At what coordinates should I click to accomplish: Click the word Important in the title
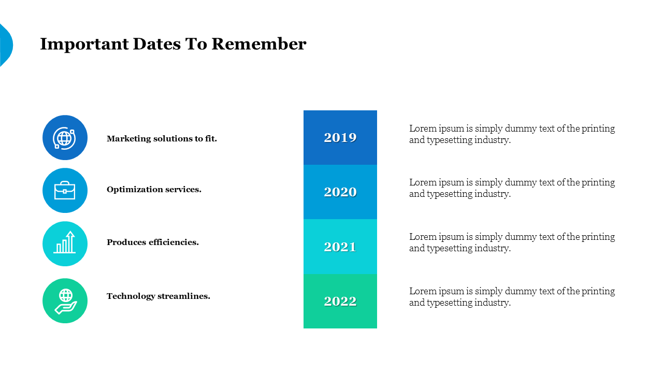click(x=84, y=45)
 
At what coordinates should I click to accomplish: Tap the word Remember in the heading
click(x=259, y=44)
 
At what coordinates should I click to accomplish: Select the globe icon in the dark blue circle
click(x=65, y=138)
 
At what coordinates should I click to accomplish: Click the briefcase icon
click(x=65, y=190)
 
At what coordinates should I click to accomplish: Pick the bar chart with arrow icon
click(x=65, y=242)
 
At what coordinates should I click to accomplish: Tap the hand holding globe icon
click(x=66, y=301)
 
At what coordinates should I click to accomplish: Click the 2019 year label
click(x=340, y=138)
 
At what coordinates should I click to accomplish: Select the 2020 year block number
click(x=340, y=192)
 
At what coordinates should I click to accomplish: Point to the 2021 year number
click(x=340, y=247)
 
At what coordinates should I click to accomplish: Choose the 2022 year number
click(x=340, y=302)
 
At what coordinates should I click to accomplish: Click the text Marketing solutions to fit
click(x=162, y=138)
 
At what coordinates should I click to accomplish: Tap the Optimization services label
click(x=154, y=190)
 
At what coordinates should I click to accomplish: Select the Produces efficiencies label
click(x=153, y=242)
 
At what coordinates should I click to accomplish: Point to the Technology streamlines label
click(x=158, y=296)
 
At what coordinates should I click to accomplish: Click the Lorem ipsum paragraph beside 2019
click(x=512, y=134)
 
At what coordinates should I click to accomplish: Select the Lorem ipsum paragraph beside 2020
click(x=512, y=188)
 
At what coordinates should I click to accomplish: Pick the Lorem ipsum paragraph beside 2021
click(x=512, y=242)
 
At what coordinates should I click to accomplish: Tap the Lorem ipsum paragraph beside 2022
click(x=512, y=297)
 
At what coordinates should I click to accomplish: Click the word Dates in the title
click(x=157, y=44)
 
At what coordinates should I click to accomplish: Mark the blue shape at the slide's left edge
click(x=6, y=45)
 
